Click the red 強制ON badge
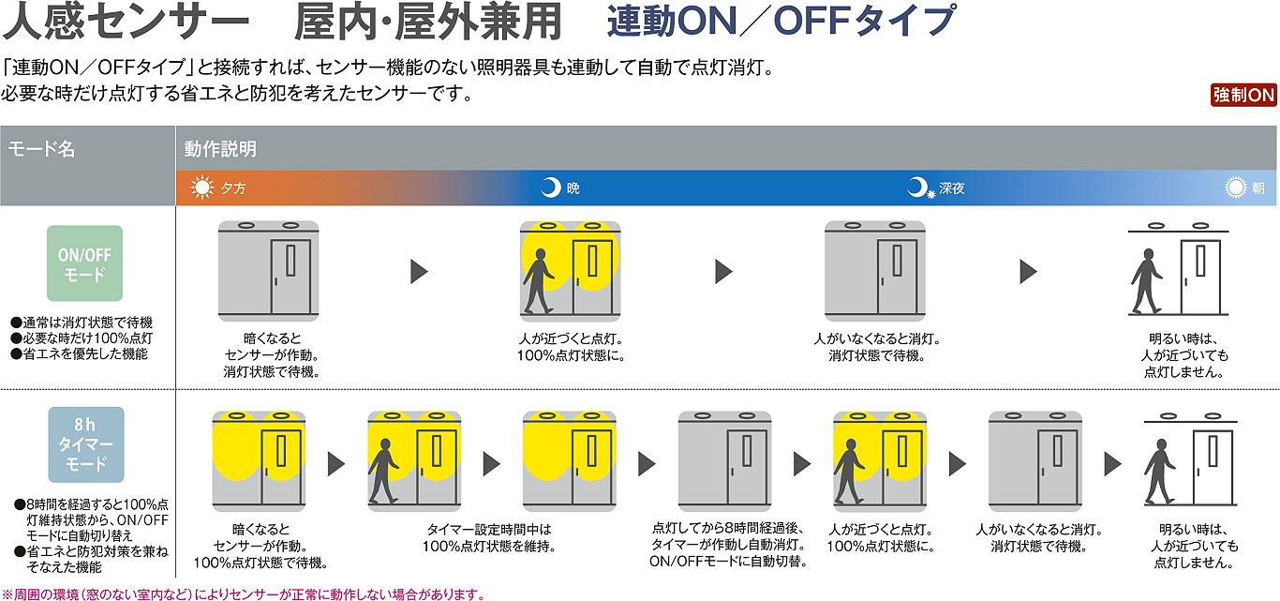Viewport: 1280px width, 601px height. click(1243, 95)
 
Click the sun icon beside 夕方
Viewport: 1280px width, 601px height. click(201, 188)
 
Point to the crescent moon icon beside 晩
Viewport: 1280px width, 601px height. click(550, 188)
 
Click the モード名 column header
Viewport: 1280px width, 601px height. click(41, 148)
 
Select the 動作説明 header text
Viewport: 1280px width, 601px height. click(220, 148)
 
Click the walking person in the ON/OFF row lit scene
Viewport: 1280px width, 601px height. click(538, 282)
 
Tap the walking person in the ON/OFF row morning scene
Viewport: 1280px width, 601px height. click(1147, 282)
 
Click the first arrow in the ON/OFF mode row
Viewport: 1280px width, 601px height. click(419, 272)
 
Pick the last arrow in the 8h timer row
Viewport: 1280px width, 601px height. click(1112, 463)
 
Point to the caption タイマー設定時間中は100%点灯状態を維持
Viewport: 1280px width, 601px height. click(488, 537)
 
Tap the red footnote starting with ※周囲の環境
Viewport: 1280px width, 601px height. click(244, 593)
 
